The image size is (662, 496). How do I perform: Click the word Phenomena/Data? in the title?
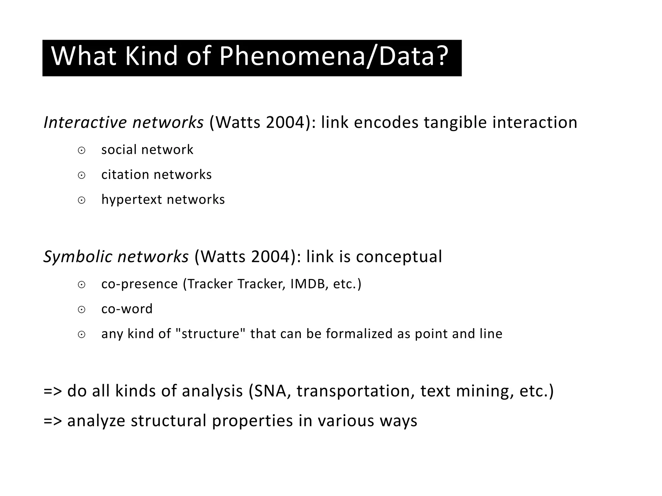[334, 57]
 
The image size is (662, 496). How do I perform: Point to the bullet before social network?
[81, 150]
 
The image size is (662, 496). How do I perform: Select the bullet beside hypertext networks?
[81, 201]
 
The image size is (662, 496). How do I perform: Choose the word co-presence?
[139, 284]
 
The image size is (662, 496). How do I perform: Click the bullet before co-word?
[81, 310]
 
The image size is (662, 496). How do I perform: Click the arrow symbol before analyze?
[52, 421]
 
